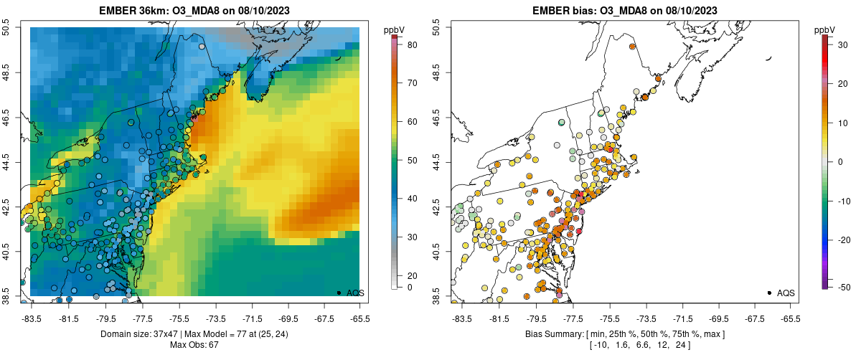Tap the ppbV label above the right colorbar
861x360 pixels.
pyautogui.click(x=824, y=29)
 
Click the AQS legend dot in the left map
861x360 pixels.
pyautogui.click(x=339, y=293)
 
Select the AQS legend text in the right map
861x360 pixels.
pyautogui.click(x=786, y=293)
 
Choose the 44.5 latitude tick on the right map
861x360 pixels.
pyautogui.click(x=438, y=162)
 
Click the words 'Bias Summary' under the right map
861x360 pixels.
pyautogui.click(x=548, y=334)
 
